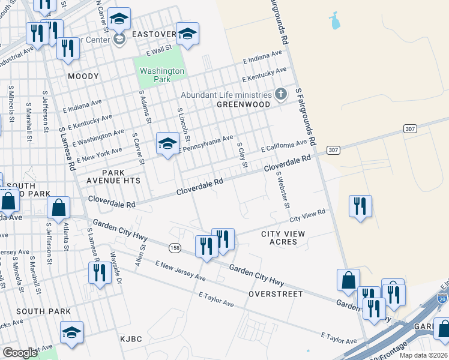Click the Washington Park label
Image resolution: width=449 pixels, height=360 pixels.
(161, 75)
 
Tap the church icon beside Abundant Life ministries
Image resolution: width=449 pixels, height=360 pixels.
(280, 94)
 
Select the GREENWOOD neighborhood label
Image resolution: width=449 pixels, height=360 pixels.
(243, 104)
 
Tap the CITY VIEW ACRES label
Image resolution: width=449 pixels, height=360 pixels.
(283, 238)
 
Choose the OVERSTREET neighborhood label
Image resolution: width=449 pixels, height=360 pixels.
(276, 294)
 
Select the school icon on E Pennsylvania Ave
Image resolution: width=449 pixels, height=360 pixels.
(167, 144)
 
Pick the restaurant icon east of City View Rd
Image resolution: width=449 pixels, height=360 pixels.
(360, 206)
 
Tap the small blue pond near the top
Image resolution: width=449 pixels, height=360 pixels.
(334, 22)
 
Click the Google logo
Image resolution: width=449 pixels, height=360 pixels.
(20, 353)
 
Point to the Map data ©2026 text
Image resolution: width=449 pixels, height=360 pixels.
(423, 355)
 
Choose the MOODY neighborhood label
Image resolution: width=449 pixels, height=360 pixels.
(82, 76)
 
